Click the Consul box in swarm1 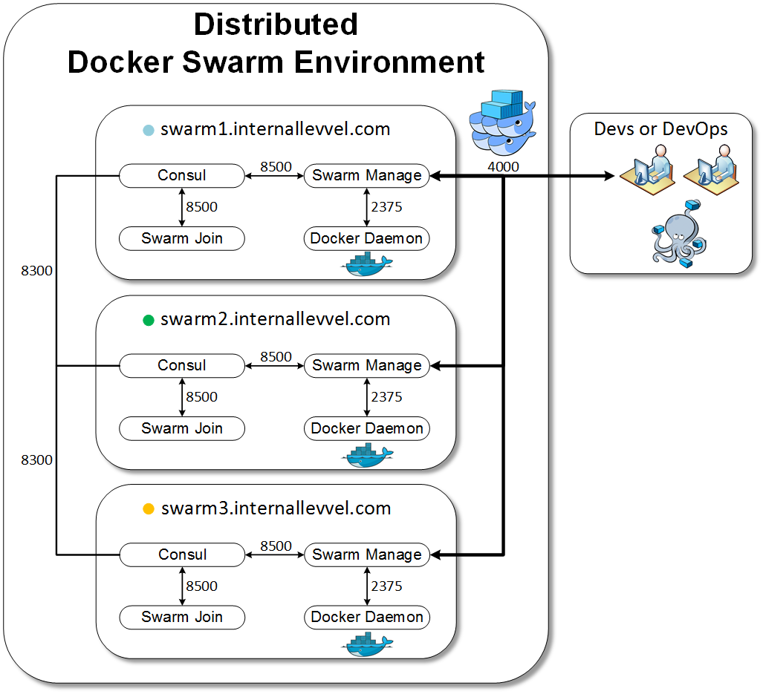click(182, 176)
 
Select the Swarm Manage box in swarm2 click(367, 365)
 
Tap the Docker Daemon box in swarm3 click(367, 617)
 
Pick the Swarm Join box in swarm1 click(182, 238)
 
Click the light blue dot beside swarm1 click(148, 130)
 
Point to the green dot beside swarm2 click(148, 320)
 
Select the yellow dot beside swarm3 click(148, 509)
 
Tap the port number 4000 click(503, 166)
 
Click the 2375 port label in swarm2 click(386, 397)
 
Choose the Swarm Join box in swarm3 click(182, 617)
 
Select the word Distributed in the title click(276, 24)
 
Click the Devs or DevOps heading click(660, 128)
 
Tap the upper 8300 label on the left click(36, 271)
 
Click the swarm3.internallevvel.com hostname click(276, 508)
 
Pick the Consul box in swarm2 click(182, 365)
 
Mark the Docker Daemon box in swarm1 click(367, 238)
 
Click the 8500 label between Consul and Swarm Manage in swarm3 click(276, 546)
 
